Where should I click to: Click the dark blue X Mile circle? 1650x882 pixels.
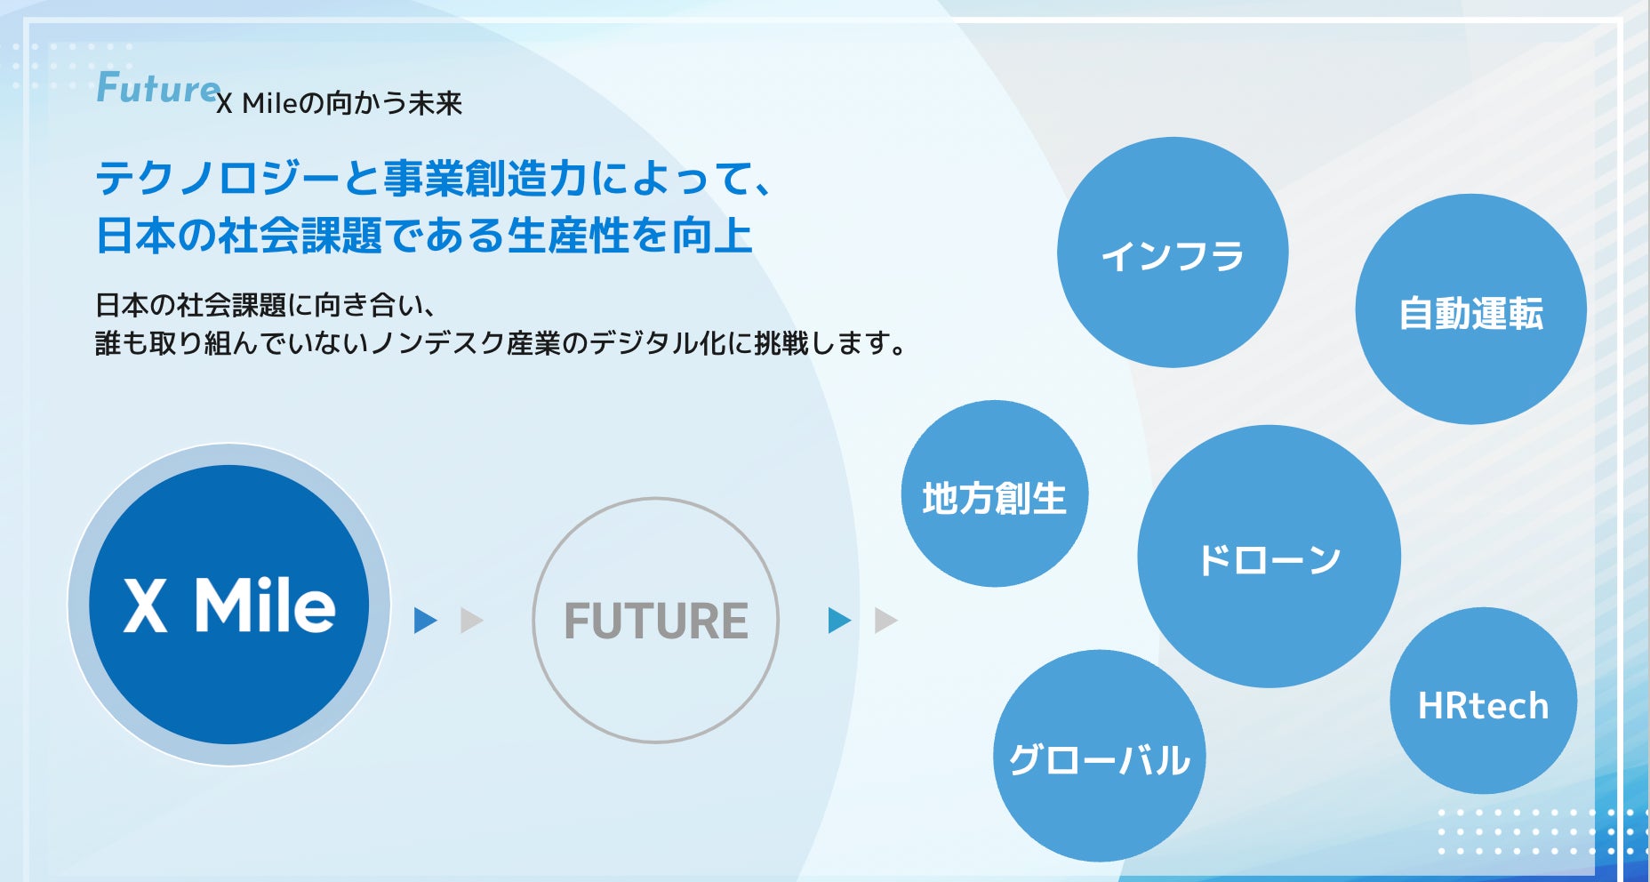click(x=228, y=605)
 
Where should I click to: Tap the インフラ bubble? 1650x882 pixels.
click(x=1173, y=252)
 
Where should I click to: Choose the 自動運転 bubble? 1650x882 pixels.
click(x=1470, y=309)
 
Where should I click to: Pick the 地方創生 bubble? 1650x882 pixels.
click(x=995, y=493)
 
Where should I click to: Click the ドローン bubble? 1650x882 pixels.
click(x=1269, y=557)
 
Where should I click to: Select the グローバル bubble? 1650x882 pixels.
click(x=1100, y=756)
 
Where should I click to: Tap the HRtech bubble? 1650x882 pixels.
click(x=1484, y=701)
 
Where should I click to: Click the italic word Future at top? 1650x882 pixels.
click(x=157, y=89)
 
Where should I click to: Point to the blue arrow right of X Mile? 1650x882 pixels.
click(x=425, y=621)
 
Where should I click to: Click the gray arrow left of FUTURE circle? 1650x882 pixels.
click(x=471, y=621)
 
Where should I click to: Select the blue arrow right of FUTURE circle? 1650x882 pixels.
click(x=839, y=621)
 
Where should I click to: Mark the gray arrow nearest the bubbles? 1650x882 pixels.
click(x=886, y=621)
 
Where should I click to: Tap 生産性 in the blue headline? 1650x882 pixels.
click(x=568, y=236)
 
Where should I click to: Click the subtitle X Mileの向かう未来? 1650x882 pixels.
click(x=340, y=104)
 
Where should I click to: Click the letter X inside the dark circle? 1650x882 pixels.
click(x=145, y=605)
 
